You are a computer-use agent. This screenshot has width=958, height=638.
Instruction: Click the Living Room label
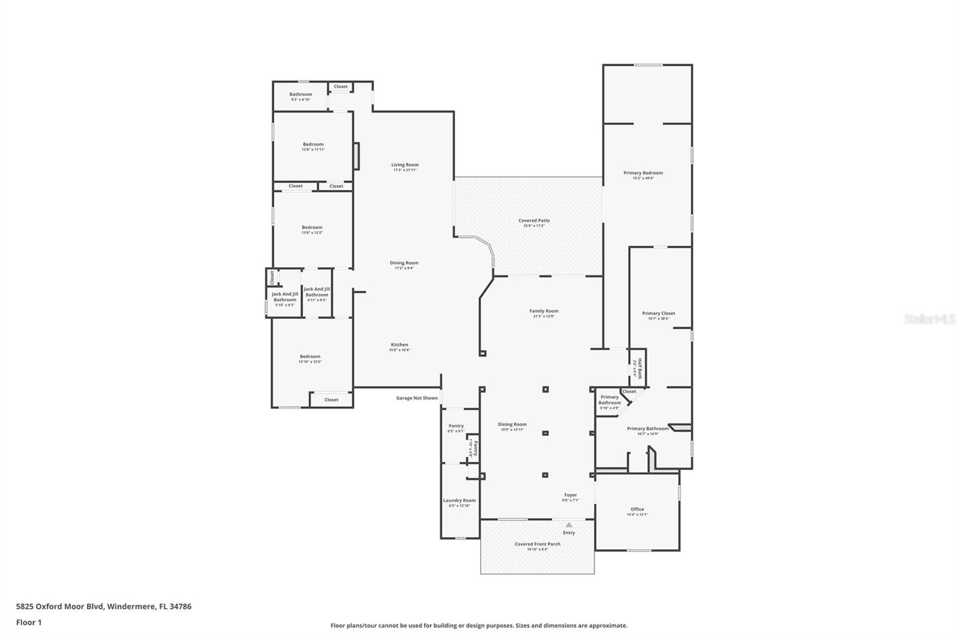coord(405,165)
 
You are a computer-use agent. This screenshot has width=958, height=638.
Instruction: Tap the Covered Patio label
coord(533,221)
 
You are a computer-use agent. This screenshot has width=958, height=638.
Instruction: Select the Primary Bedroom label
coord(643,173)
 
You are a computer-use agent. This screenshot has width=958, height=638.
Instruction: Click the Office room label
coord(637,509)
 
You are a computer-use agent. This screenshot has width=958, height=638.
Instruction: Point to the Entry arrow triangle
coord(569,525)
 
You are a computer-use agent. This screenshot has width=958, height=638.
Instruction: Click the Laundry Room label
coord(459,500)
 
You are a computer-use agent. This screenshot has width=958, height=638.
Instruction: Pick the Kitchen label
coord(399,345)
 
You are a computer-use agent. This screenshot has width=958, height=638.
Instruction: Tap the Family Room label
coord(544,311)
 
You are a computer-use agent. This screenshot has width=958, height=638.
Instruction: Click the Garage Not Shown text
coord(417,398)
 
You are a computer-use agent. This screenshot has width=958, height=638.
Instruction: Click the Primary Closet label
coord(658,314)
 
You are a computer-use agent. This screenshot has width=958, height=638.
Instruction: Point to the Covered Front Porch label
coord(537,544)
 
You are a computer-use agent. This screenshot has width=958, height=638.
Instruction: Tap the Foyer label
coord(570,495)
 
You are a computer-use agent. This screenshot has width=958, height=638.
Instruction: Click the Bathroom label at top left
coord(301,95)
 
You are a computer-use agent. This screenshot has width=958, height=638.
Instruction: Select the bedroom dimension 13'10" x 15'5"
coord(310,362)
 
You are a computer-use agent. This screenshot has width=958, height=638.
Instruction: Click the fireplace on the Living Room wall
coord(356,156)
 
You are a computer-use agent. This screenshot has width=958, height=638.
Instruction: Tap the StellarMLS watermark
coord(929,320)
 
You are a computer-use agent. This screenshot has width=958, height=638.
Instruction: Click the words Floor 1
coord(29,622)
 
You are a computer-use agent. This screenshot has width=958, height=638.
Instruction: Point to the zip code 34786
coord(180,606)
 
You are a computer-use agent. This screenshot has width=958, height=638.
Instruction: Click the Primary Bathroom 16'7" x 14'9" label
coord(647,429)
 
